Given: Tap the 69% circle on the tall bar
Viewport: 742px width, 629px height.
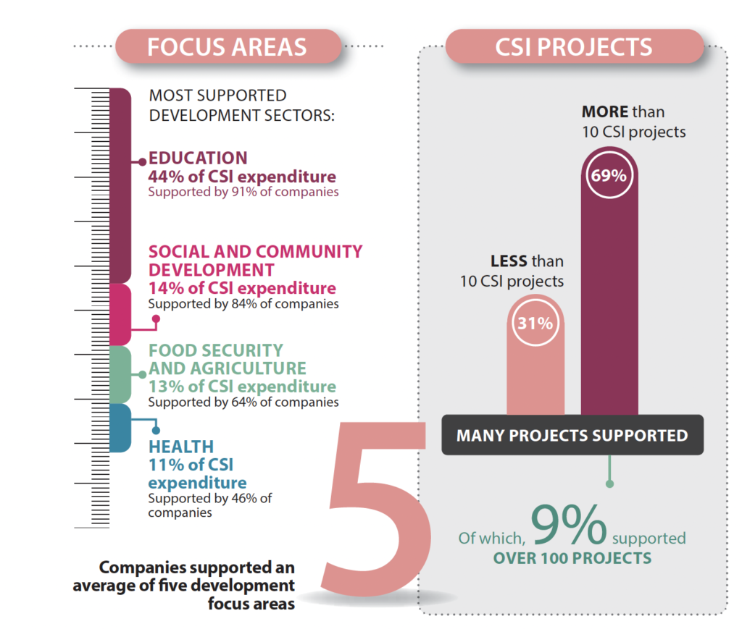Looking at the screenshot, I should pos(609,175).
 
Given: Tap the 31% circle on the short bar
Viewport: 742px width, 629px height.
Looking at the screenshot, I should pos(535,324).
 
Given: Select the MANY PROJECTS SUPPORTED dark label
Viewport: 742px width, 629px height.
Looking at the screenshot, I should pos(572,435).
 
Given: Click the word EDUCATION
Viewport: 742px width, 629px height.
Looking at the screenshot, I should pos(198,159).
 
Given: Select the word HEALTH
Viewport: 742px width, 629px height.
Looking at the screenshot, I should pos(181,447).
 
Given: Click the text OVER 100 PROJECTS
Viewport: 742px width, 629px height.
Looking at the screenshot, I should pos(572,558).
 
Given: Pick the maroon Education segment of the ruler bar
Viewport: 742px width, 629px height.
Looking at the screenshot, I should pos(120,185).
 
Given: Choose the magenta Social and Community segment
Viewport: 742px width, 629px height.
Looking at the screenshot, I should pos(120,313).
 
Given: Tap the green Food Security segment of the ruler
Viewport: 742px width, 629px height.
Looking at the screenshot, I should pos(120,374).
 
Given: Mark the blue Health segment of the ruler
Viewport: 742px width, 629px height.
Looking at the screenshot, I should pos(120,428).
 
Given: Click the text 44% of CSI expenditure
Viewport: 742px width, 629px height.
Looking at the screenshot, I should pos(242,177).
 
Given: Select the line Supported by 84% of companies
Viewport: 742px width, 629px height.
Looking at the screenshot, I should pos(243,304).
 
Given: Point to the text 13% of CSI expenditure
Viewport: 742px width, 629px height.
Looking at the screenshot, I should pos(242,387).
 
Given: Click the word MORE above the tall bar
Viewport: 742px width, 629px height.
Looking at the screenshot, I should pos(605,113).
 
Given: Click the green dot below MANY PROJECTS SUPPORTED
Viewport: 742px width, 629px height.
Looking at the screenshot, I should pos(609,483).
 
